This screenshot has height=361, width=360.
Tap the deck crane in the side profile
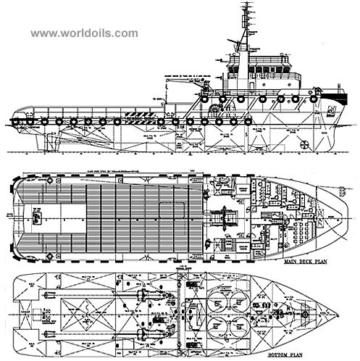pyautogui.click(x=174, y=91)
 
